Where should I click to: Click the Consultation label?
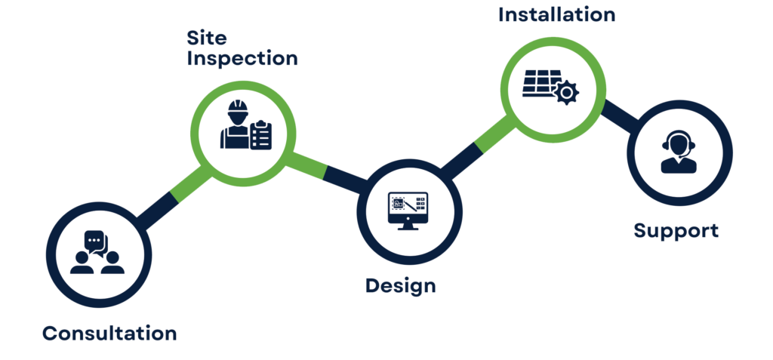tap(109, 333)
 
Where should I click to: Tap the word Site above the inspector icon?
tap(206, 37)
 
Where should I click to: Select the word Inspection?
tap(242, 59)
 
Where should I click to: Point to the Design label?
tap(401, 285)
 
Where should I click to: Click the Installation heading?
tap(556, 14)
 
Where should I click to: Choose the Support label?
tap(676, 230)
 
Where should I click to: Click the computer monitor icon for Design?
tap(408, 208)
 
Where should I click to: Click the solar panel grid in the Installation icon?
tap(537, 84)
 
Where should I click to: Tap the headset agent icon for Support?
tap(678, 151)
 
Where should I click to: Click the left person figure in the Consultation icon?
tap(81, 260)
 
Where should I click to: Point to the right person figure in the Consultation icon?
tap(112, 260)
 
